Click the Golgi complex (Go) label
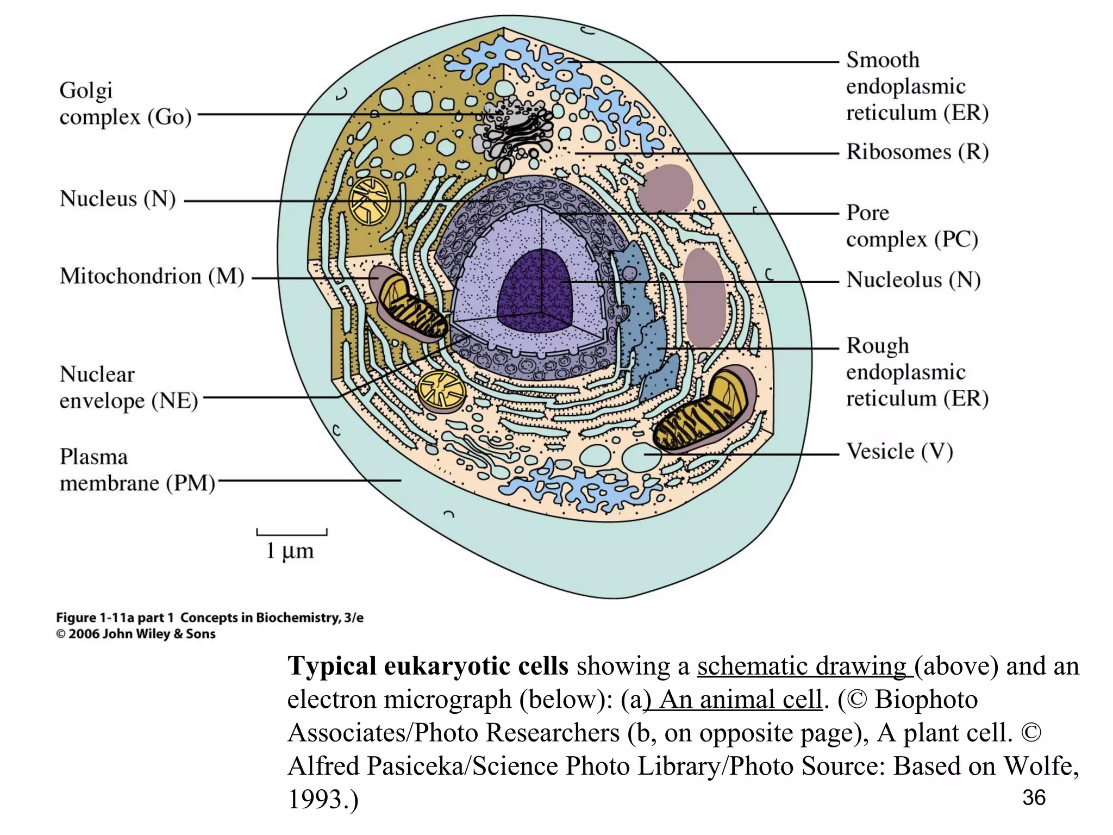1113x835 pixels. pyautogui.click(x=125, y=103)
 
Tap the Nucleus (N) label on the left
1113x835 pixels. pyautogui.click(x=117, y=199)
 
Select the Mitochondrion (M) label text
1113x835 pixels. pyautogui.click(x=152, y=276)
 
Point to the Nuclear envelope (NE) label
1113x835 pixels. pyautogui.click(x=128, y=388)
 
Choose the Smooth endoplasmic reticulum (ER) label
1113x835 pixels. pyautogui.click(x=917, y=86)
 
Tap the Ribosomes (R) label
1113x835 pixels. pyautogui.click(x=917, y=152)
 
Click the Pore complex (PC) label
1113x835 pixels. pyautogui.click(x=911, y=226)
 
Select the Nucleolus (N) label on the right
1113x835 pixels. pyautogui.click(x=913, y=280)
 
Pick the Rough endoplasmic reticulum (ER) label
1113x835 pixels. pyautogui.click(x=917, y=372)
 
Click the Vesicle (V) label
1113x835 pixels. pyautogui.click(x=899, y=451)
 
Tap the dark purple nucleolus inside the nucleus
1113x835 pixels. pyautogui.click(x=535, y=294)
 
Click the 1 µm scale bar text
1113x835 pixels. pyautogui.click(x=290, y=551)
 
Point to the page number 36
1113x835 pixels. pyautogui.click(x=1034, y=797)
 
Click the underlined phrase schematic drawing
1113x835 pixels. pyautogui.click(x=802, y=666)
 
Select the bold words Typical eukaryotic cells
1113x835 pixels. pyautogui.click(x=428, y=666)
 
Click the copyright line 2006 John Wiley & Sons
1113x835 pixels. pyautogui.click(x=136, y=634)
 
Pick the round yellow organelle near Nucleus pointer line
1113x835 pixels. pyautogui.click(x=369, y=201)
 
